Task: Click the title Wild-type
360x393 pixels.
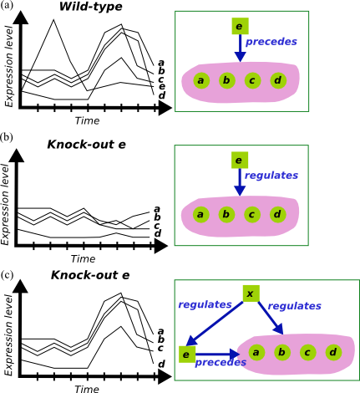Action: (x=91, y=7)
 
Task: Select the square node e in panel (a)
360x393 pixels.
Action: (x=240, y=26)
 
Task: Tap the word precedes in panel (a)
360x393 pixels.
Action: (x=271, y=42)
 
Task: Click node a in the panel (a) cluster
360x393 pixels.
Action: (x=201, y=80)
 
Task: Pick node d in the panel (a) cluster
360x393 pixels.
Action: (x=278, y=80)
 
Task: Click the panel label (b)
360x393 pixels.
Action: (x=7, y=137)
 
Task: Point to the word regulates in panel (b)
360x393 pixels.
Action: (x=271, y=176)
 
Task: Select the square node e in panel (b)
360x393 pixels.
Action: (x=240, y=160)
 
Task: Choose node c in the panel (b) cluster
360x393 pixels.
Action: (x=252, y=214)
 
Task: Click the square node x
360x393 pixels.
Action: (x=251, y=293)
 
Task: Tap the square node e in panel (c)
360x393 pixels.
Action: (x=187, y=355)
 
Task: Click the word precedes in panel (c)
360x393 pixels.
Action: (x=221, y=362)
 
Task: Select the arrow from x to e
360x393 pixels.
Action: (x=215, y=324)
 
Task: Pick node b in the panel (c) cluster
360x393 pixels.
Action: (x=282, y=352)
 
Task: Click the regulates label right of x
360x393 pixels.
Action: (x=295, y=306)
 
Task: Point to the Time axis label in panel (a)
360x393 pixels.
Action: (x=87, y=120)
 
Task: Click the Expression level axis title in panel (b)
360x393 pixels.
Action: (x=5, y=204)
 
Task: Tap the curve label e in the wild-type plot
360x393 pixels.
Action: (x=162, y=87)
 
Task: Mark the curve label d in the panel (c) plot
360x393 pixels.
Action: (x=161, y=364)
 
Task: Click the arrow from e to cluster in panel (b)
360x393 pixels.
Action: (x=240, y=182)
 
